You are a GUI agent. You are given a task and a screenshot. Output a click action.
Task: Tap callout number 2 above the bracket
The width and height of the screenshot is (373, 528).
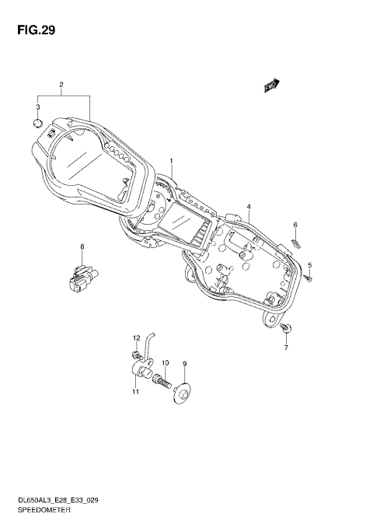coord(61,84)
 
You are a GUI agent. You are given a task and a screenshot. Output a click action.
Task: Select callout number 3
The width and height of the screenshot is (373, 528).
coord(37,107)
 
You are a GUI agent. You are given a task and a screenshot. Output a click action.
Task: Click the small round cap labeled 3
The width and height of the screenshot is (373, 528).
coord(38,122)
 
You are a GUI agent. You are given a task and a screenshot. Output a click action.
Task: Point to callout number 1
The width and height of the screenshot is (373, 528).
coord(172,162)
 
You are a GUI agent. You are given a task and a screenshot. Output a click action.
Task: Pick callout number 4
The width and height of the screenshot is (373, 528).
coord(249,207)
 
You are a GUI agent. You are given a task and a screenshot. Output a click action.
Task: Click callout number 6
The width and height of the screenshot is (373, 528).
coord(295,226)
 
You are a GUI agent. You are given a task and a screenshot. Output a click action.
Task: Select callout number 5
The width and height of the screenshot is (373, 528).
coord(309,265)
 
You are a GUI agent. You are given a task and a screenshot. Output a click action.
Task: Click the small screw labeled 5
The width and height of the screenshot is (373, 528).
coord(308,277)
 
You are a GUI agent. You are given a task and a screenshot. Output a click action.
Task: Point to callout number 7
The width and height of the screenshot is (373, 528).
coord(285,347)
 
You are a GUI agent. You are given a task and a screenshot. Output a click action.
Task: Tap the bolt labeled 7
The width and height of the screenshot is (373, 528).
coord(286,330)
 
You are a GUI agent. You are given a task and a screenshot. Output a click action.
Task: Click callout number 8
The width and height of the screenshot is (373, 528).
coord(81,247)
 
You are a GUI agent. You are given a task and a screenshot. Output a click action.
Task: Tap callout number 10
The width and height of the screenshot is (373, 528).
coord(165,363)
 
